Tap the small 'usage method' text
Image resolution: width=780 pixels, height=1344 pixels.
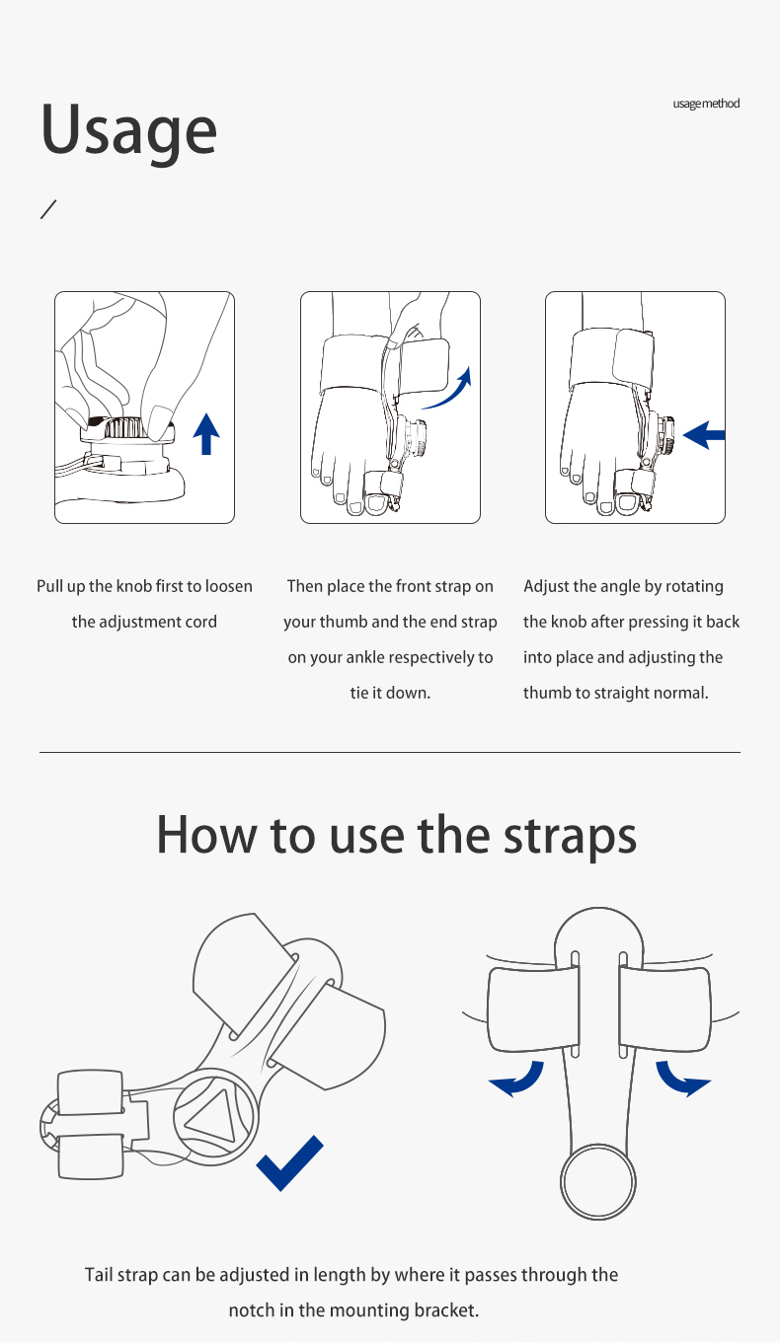pos(706,104)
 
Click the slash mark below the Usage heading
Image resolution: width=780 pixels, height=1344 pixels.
pos(48,209)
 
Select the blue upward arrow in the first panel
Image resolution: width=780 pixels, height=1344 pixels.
pos(206,434)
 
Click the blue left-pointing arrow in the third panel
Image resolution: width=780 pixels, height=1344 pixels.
pos(704,434)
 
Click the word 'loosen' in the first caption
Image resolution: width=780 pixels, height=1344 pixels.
pos(229,586)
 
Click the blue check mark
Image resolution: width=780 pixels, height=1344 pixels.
pos(289,1162)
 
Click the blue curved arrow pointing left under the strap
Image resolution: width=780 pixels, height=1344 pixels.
pos(521,1079)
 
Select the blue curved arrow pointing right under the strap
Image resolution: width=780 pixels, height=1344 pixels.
pos(678,1079)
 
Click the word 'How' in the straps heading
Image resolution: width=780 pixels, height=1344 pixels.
pos(205,835)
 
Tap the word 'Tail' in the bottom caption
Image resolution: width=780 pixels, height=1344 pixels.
pos(99,1275)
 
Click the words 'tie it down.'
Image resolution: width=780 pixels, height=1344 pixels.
pos(390,693)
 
